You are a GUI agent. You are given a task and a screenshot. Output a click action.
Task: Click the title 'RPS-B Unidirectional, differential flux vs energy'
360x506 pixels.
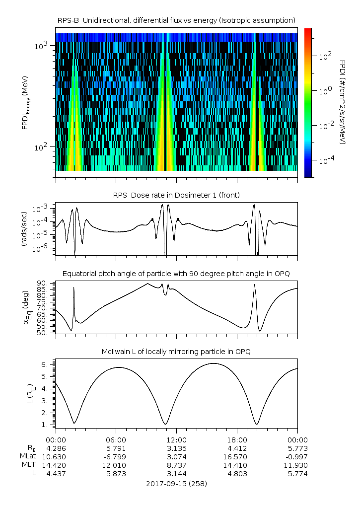(176, 20)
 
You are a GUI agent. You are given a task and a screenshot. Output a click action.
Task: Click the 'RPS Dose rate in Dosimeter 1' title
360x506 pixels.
(176, 195)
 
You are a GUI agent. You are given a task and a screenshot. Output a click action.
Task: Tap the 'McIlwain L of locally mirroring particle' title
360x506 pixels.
(176, 352)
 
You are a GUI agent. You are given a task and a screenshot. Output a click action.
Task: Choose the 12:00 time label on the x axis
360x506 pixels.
(176, 439)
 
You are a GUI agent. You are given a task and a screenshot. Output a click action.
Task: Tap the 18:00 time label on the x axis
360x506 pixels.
(237, 439)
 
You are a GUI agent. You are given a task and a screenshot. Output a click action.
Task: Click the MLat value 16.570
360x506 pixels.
(237, 456)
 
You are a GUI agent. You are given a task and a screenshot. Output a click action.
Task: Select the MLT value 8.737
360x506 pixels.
(176, 465)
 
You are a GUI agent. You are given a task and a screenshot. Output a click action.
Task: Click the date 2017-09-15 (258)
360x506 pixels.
(176, 483)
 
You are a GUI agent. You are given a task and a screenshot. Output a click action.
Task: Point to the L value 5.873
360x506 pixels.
(116, 474)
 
